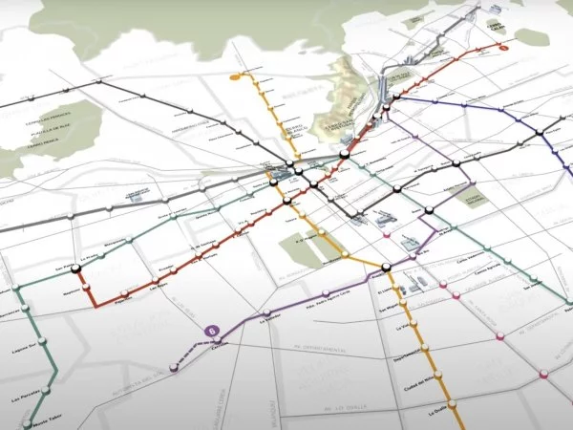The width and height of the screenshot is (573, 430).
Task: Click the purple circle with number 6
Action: click(x=213, y=332)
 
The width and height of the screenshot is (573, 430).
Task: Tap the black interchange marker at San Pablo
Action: click(x=75, y=270)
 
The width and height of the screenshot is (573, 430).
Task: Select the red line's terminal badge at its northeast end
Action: click(x=505, y=45)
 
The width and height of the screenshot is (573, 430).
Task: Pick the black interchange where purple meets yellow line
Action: click(x=386, y=269)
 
